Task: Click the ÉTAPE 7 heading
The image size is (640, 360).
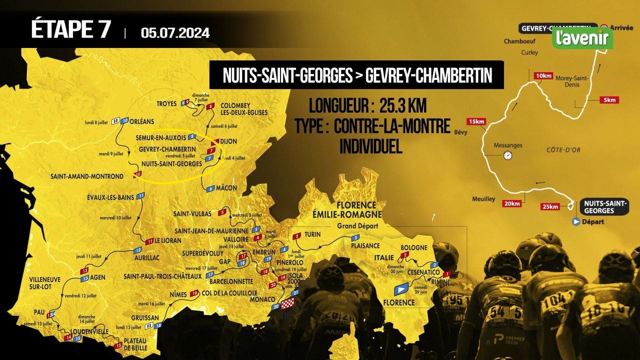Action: pos(70,29)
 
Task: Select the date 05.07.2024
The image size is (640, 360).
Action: pos(175,33)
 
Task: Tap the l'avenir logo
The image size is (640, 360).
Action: pos(582,38)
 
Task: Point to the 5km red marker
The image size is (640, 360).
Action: pos(609,100)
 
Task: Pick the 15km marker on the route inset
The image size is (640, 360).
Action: pos(475,121)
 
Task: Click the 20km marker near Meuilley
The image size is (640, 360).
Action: pos(512,203)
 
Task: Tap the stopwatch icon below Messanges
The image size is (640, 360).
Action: pos(508,155)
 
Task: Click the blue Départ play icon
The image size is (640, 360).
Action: pos(576,221)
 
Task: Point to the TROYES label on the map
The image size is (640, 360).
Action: pos(166,104)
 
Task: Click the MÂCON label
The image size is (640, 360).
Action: pos(226,188)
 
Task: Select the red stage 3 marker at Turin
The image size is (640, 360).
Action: pos(296,235)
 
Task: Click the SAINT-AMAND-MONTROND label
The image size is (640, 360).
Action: pos(86,176)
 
